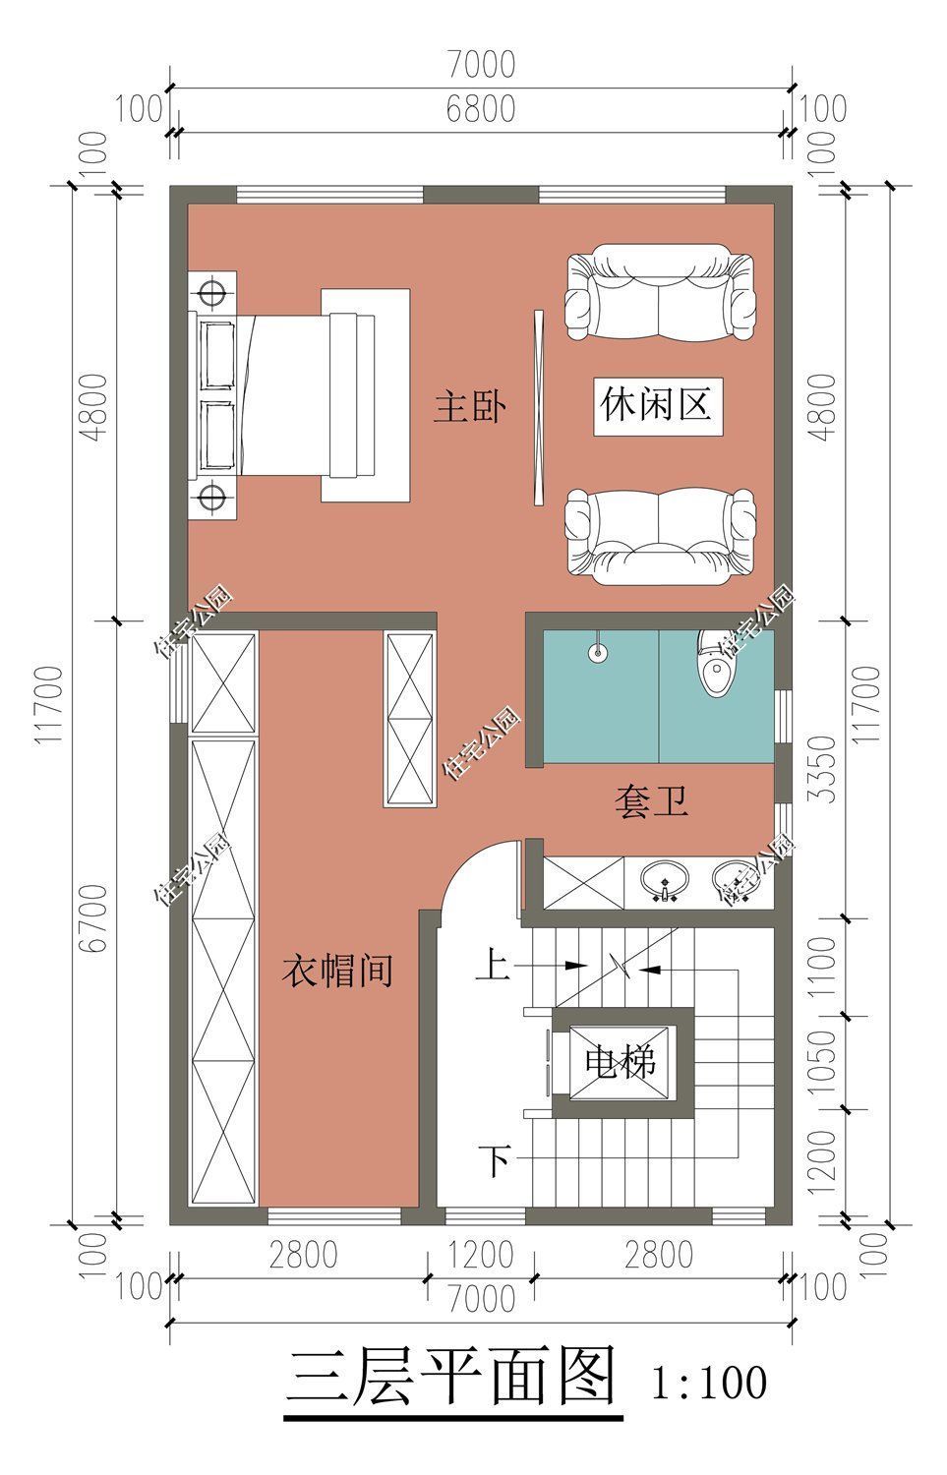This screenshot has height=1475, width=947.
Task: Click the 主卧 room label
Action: click(x=470, y=406)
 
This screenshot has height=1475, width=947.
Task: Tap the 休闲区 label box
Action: click(x=656, y=404)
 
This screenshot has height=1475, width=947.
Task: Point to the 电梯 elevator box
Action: click(x=621, y=1062)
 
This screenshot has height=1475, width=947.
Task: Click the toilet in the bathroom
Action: click(x=716, y=664)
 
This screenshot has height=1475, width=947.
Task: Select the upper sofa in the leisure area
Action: click(x=661, y=295)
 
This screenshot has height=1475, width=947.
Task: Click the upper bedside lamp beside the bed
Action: click(x=209, y=292)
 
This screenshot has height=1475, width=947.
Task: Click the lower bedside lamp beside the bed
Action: click(x=209, y=498)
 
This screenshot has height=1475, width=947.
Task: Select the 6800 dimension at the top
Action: click(x=480, y=109)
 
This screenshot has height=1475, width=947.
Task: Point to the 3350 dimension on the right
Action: click(x=827, y=768)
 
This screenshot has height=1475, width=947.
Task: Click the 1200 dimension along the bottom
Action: click(x=481, y=1255)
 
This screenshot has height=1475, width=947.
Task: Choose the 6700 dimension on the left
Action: click(x=94, y=917)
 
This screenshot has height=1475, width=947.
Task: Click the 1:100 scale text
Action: click(x=708, y=1383)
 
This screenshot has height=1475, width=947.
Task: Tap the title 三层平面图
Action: click(x=452, y=1377)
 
